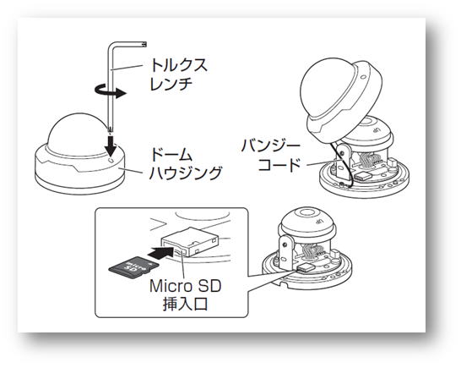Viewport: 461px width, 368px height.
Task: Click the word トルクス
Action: pyautogui.click(x=179, y=65)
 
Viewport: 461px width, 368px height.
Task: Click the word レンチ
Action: pyautogui.click(x=171, y=85)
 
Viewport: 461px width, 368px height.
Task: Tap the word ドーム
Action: pyautogui.click(x=171, y=154)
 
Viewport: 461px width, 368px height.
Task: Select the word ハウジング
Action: pyautogui.click(x=185, y=173)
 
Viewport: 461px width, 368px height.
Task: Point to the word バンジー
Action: pyautogui.click(x=270, y=146)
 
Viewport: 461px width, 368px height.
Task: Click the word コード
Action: pyautogui.click(x=279, y=165)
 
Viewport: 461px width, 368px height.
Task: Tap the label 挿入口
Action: pyautogui.click(x=185, y=304)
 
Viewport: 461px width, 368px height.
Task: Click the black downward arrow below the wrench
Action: pyautogui.click(x=111, y=146)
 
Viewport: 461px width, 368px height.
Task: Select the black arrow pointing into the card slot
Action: pyautogui.click(x=160, y=252)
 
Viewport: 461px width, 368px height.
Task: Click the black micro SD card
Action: pyautogui.click(x=133, y=266)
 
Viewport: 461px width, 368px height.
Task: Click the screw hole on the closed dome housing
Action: pyautogui.click(x=111, y=160)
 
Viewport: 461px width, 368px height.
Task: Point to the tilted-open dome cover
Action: pyautogui.click(x=341, y=99)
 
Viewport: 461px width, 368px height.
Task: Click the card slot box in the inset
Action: pyautogui.click(x=190, y=241)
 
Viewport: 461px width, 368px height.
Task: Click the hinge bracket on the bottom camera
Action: pyautogui.click(x=285, y=250)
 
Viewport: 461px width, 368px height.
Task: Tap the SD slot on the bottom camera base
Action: pyautogui.click(x=306, y=267)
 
